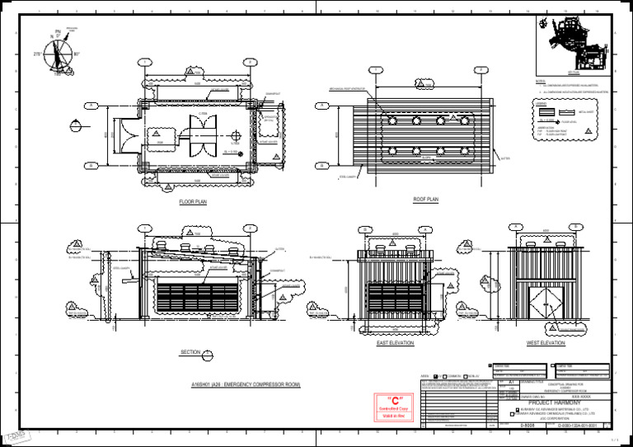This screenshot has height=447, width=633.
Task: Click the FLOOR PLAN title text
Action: pos(193,201)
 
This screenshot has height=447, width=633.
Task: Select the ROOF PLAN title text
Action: pos(426,200)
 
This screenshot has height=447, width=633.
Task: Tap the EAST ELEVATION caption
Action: pos(395,342)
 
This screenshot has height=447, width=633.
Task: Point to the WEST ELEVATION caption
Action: pos(546,342)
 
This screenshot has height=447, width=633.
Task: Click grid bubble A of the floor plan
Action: pos(91,106)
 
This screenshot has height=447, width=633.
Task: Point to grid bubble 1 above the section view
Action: pos(145,228)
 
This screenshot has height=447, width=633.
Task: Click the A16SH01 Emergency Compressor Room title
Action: pos(246,385)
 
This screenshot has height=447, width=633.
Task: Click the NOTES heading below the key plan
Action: pos(540,82)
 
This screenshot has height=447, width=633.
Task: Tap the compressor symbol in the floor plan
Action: pos(201,134)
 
